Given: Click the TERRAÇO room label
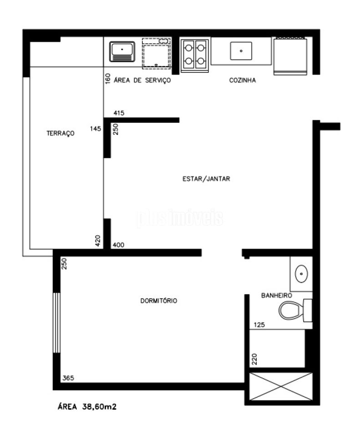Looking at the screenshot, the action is pos(61,133).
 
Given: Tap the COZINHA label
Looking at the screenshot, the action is pos(243,80).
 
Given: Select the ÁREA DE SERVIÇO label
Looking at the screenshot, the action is pos(142,80).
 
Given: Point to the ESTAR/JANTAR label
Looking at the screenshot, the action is pos(206,178).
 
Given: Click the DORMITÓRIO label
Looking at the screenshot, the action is pos(158,301).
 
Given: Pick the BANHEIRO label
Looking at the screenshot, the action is pos(276,295).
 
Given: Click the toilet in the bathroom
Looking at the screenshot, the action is pos(295,310).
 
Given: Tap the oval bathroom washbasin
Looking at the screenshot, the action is pos(301,274).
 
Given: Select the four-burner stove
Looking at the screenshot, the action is pos(194,56).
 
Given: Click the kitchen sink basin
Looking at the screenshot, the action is pos(241,51).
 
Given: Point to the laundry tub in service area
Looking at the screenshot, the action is pos(122,51).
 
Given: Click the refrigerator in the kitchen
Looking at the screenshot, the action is pos(290,56).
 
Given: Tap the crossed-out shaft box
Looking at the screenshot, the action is pos(281,386).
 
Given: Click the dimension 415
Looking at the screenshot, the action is pos(119,113).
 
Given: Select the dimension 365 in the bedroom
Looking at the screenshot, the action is pos(68,378).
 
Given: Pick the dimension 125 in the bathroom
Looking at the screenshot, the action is pos(259,325).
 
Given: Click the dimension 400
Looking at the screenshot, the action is pos(118,245).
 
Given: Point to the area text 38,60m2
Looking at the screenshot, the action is pos(100,407).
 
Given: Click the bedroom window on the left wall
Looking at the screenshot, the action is pos(56,322).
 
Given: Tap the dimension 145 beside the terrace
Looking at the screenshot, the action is pos(95,128).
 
